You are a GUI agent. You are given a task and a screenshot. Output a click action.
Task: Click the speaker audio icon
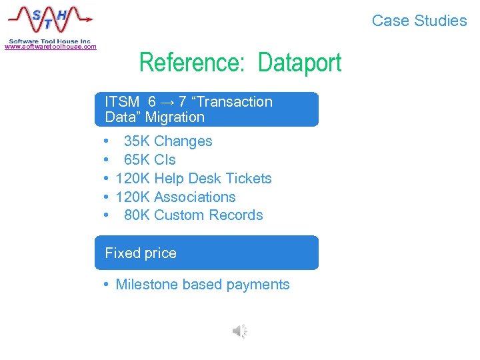[x=239, y=331]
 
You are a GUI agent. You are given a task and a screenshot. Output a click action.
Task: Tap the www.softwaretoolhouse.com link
[x=51, y=47]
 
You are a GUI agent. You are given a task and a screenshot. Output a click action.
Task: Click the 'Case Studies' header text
[x=419, y=21]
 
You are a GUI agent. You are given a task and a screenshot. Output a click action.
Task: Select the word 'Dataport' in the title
[x=299, y=63]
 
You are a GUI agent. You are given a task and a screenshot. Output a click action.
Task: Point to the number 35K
[x=137, y=141]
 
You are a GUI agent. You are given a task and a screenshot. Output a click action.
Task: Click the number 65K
[x=137, y=160]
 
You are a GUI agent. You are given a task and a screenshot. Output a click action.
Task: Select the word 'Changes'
[x=183, y=141]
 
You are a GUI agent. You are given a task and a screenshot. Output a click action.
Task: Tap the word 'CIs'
[x=165, y=160]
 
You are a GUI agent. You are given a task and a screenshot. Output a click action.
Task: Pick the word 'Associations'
[x=195, y=197]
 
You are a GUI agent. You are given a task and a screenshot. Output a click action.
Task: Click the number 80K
[x=137, y=215]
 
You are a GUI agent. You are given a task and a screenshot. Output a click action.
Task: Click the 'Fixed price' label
[x=141, y=253]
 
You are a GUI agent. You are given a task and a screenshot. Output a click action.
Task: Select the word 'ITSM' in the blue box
[x=122, y=102]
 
